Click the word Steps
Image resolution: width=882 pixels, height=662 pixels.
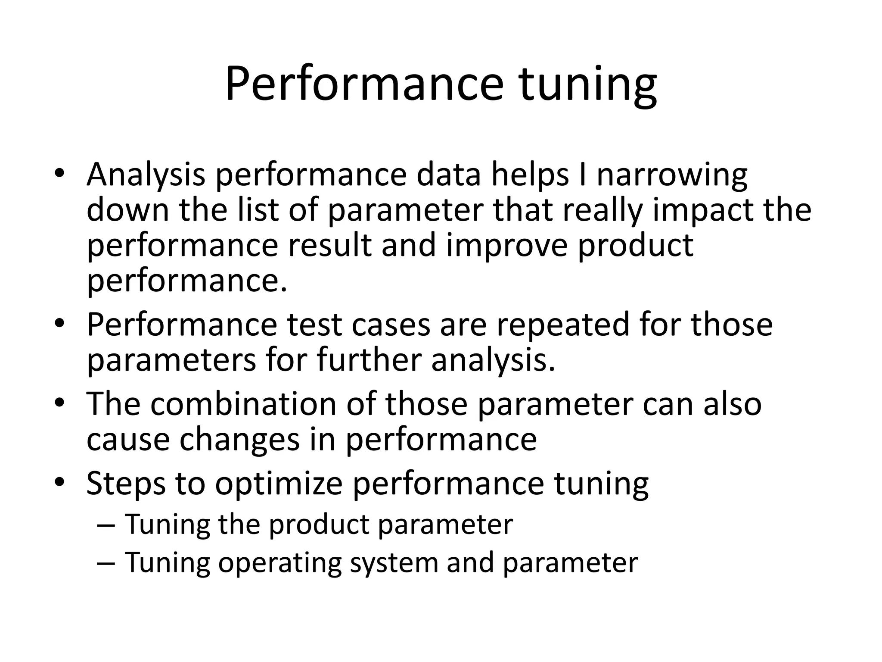pos(126,484)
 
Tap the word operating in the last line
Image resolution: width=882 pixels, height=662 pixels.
pos(280,563)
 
